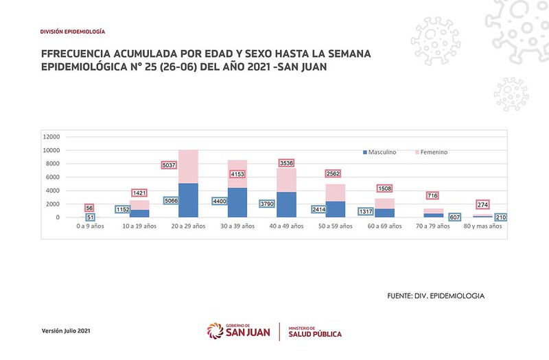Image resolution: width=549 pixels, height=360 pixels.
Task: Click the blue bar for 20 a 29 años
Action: pyautogui.click(x=188, y=200)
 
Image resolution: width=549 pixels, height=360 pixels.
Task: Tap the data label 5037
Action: pyautogui.click(x=170, y=165)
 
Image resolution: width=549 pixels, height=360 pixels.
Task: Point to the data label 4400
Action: pyautogui.click(x=221, y=202)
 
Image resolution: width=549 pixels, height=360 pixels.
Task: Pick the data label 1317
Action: pyautogui.click(x=365, y=211)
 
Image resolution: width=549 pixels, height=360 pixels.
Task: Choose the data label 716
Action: pyautogui.click(x=433, y=195)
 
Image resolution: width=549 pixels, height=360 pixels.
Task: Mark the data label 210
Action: pyautogui.click(x=501, y=217)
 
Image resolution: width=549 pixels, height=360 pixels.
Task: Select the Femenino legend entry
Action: pyautogui.click(x=432, y=152)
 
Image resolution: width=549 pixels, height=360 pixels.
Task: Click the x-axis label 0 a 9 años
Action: pyautogui.click(x=90, y=226)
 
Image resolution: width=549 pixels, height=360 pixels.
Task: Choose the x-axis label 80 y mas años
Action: pyautogui.click(x=483, y=226)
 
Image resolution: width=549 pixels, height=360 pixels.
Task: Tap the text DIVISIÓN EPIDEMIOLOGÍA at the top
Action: pyautogui.click(x=73, y=32)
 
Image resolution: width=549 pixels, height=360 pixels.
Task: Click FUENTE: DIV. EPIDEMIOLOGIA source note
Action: pyautogui.click(x=436, y=296)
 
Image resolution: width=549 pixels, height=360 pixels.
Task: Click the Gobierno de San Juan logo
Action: pyautogui.click(x=238, y=331)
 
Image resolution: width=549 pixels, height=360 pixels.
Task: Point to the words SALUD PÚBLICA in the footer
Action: pyautogui.click(x=315, y=334)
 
